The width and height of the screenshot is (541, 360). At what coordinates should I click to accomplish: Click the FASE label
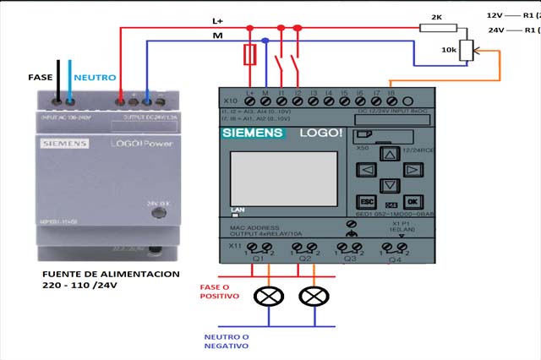40,77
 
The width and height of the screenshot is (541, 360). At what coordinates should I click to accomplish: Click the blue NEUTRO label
95,77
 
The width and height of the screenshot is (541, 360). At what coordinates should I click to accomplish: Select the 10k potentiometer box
467,51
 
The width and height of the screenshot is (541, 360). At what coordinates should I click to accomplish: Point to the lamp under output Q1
270,296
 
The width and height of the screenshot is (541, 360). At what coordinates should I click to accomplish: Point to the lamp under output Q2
314,296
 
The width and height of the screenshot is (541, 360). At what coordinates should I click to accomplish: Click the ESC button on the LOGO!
368,202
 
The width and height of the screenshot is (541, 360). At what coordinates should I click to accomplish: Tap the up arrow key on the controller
389,155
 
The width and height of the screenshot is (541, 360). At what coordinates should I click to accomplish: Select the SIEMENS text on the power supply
64,145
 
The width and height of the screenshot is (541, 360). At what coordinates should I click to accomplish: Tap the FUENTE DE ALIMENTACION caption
111,275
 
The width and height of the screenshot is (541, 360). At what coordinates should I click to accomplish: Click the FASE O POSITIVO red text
219,292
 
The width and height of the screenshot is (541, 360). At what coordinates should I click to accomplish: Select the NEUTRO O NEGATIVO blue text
227,341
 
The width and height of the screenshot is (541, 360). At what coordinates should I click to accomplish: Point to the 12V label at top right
495,15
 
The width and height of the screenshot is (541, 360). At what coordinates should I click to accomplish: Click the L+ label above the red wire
218,20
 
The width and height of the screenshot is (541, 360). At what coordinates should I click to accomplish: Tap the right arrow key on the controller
411,170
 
